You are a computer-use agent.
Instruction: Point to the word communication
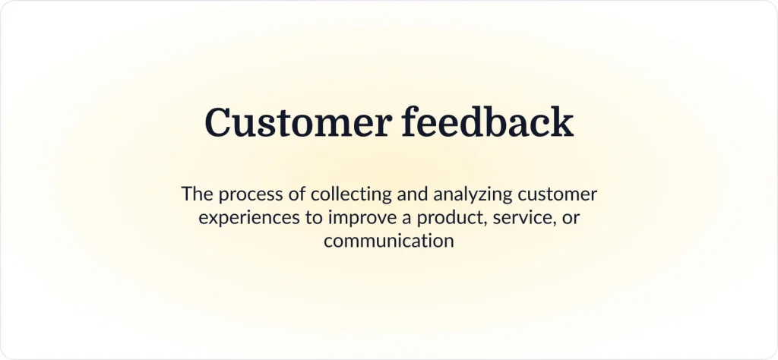tap(389, 242)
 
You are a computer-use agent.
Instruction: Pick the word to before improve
tap(315, 218)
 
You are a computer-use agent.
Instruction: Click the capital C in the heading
tap(219, 123)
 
